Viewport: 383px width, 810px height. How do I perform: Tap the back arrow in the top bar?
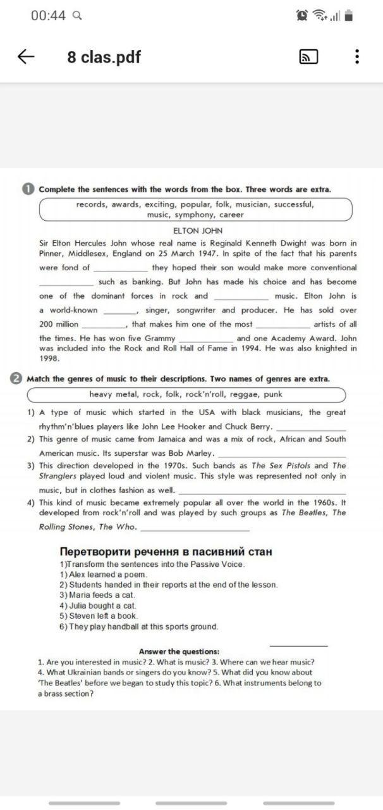(26, 57)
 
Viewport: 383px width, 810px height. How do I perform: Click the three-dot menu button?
(357, 57)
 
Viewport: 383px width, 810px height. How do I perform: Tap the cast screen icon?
(308, 57)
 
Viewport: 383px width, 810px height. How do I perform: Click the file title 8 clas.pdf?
(104, 57)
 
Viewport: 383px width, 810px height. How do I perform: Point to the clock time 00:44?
(48, 16)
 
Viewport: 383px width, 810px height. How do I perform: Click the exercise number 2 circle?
(16, 378)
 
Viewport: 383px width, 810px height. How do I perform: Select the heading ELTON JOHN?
(197, 231)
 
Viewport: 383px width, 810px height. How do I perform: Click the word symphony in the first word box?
(194, 215)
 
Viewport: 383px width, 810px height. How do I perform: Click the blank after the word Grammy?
(205, 339)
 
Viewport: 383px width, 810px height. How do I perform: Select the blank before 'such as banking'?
(66, 283)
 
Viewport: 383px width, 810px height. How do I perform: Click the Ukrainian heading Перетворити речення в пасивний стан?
(166, 551)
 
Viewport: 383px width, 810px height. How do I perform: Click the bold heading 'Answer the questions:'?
(179, 651)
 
